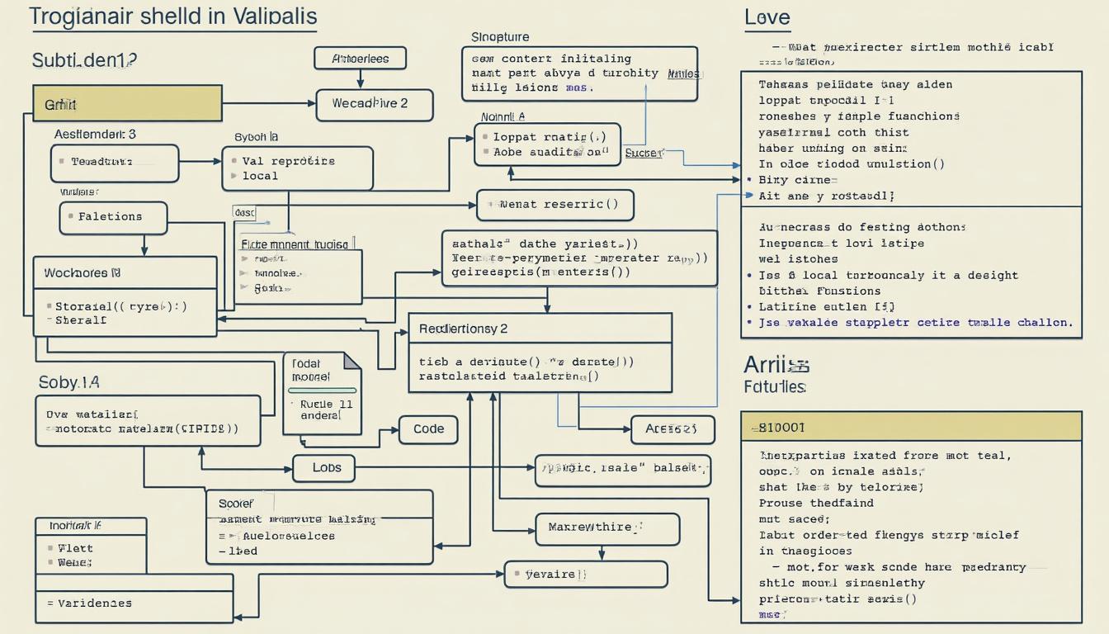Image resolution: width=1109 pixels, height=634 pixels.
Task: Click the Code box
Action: (428, 429)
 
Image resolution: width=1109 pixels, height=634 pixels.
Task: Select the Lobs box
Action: (327, 467)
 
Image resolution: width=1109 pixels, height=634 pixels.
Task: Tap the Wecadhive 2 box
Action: (375, 105)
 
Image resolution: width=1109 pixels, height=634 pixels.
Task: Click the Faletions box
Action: (113, 218)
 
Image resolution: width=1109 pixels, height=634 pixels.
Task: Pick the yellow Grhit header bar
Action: (127, 104)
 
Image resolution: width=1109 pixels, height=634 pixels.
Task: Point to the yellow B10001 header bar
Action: (910, 427)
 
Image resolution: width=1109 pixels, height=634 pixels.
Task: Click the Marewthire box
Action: (607, 528)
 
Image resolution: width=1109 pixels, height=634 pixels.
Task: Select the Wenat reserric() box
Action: (554, 205)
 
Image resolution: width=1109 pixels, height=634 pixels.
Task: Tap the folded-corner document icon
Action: (322, 394)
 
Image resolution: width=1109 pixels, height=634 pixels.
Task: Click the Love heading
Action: (767, 17)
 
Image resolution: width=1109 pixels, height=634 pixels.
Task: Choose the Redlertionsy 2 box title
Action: (463, 329)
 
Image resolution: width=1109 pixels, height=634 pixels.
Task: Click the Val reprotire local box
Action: (297, 168)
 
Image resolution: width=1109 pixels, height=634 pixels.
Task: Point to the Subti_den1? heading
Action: (84, 60)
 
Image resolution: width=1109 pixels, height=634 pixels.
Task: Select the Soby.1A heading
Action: (68, 382)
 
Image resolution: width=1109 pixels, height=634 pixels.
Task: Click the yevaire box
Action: (585, 575)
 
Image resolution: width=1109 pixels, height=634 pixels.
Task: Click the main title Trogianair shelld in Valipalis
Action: (173, 17)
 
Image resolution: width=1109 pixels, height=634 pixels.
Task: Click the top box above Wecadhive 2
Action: (361, 59)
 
